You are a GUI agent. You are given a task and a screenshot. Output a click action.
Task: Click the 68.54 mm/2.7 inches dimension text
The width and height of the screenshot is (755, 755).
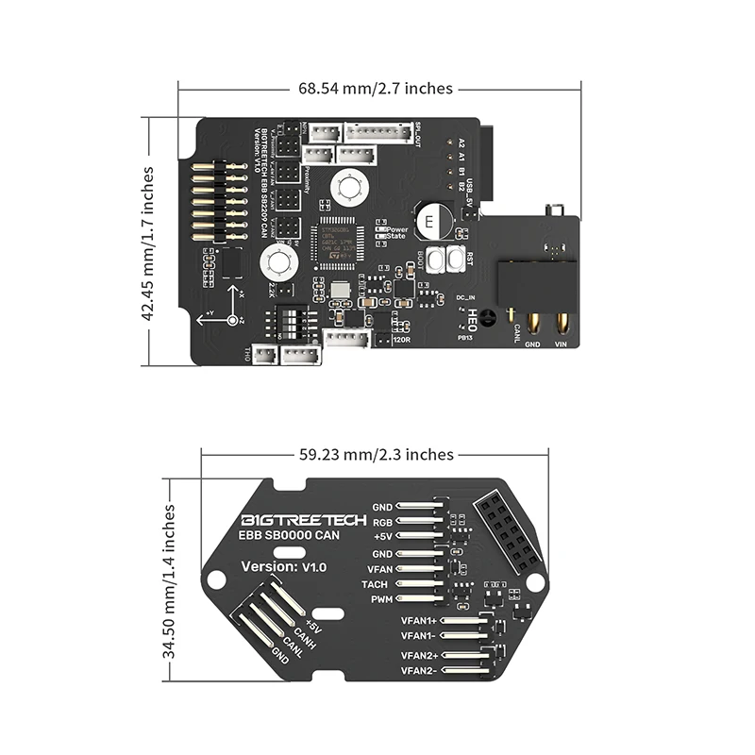tap(376, 88)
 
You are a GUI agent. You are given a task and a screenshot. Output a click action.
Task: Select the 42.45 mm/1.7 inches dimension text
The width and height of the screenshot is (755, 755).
tap(148, 243)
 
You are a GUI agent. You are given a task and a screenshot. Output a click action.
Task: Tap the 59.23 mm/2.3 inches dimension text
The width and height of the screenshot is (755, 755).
tap(376, 454)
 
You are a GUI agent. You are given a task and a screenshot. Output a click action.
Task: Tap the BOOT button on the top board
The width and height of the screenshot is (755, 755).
tap(437, 260)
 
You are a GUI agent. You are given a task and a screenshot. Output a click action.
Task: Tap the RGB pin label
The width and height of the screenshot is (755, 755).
tap(381, 522)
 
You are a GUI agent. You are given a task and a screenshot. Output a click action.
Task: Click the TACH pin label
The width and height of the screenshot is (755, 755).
tap(376, 584)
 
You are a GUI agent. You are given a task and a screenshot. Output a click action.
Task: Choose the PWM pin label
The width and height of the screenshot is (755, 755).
tap(379, 600)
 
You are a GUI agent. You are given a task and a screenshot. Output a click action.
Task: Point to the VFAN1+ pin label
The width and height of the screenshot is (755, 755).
tap(418, 620)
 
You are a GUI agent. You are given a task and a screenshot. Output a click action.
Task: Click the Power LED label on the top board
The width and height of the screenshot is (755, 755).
tap(396, 227)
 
